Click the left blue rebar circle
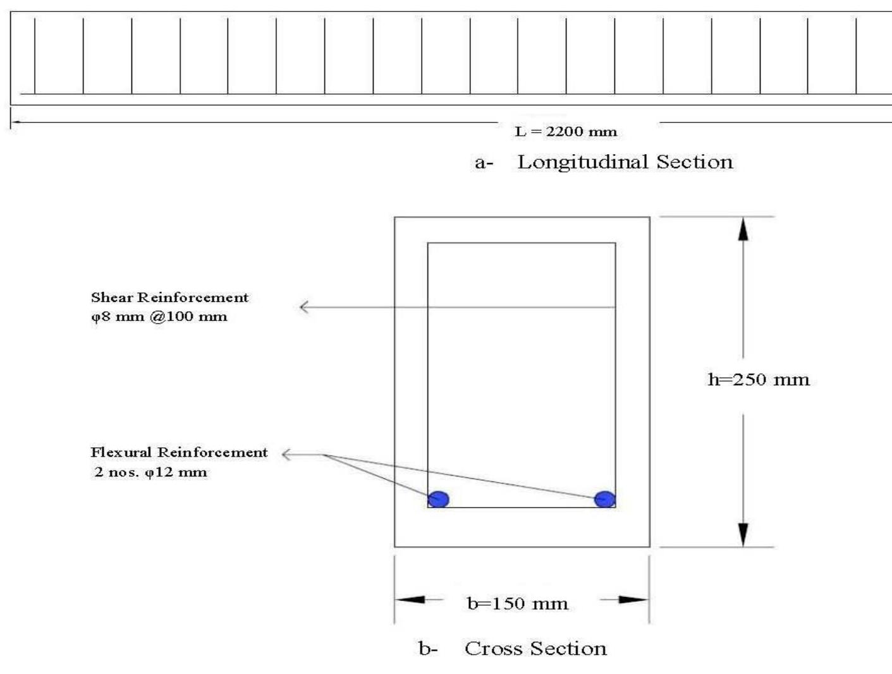(438, 499)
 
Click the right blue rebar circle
(605, 499)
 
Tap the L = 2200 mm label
(566, 132)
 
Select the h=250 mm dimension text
(758, 380)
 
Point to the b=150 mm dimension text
(517, 604)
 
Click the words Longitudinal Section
(625, 162)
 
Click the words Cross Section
(535, 649)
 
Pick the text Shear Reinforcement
(169, 298)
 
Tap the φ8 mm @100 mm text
(159, 316)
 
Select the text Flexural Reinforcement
(179, 452)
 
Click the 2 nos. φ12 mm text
(150, 472)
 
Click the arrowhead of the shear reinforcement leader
(303, 307)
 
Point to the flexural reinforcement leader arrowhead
(286, 454)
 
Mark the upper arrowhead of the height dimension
(743, 229)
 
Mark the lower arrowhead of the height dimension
(743, 534)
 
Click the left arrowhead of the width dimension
(410, 599)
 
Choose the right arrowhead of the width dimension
(633, 599)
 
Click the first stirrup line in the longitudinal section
(35, 56)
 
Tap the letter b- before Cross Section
(427, 649)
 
